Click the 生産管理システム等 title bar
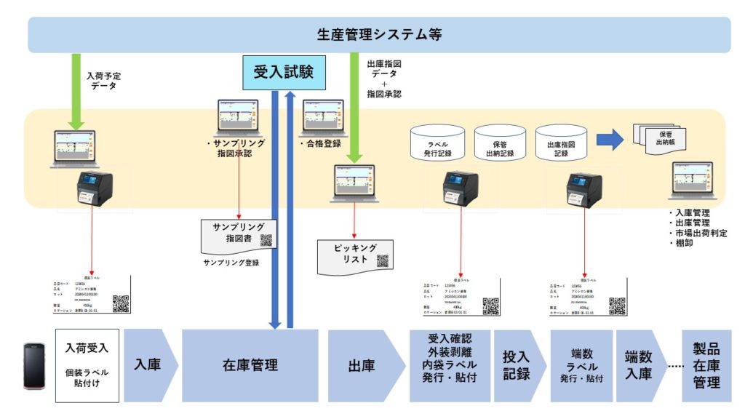tap(379, 34)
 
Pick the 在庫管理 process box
tap(250, 365)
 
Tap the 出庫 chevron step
tap(362, 365)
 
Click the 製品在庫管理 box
tap(706, 365)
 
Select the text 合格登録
tap(321, 143)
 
